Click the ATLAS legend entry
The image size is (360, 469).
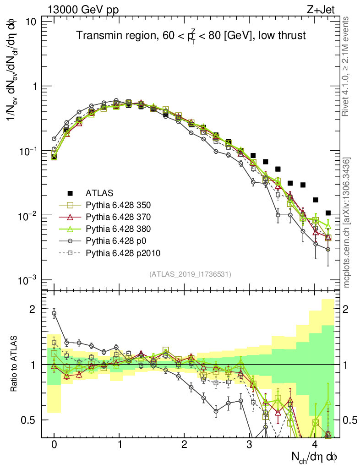[99, 192]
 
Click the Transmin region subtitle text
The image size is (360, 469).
[191, 36]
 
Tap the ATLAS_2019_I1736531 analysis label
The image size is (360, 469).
[190, 274]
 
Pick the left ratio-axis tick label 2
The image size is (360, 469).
[33, 309]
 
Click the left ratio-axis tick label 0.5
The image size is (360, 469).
[29, 420]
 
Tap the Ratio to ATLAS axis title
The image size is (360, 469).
[15, 364]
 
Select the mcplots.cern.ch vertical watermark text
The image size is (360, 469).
[347, 223]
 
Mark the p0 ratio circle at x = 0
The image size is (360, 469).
[54, 314]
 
